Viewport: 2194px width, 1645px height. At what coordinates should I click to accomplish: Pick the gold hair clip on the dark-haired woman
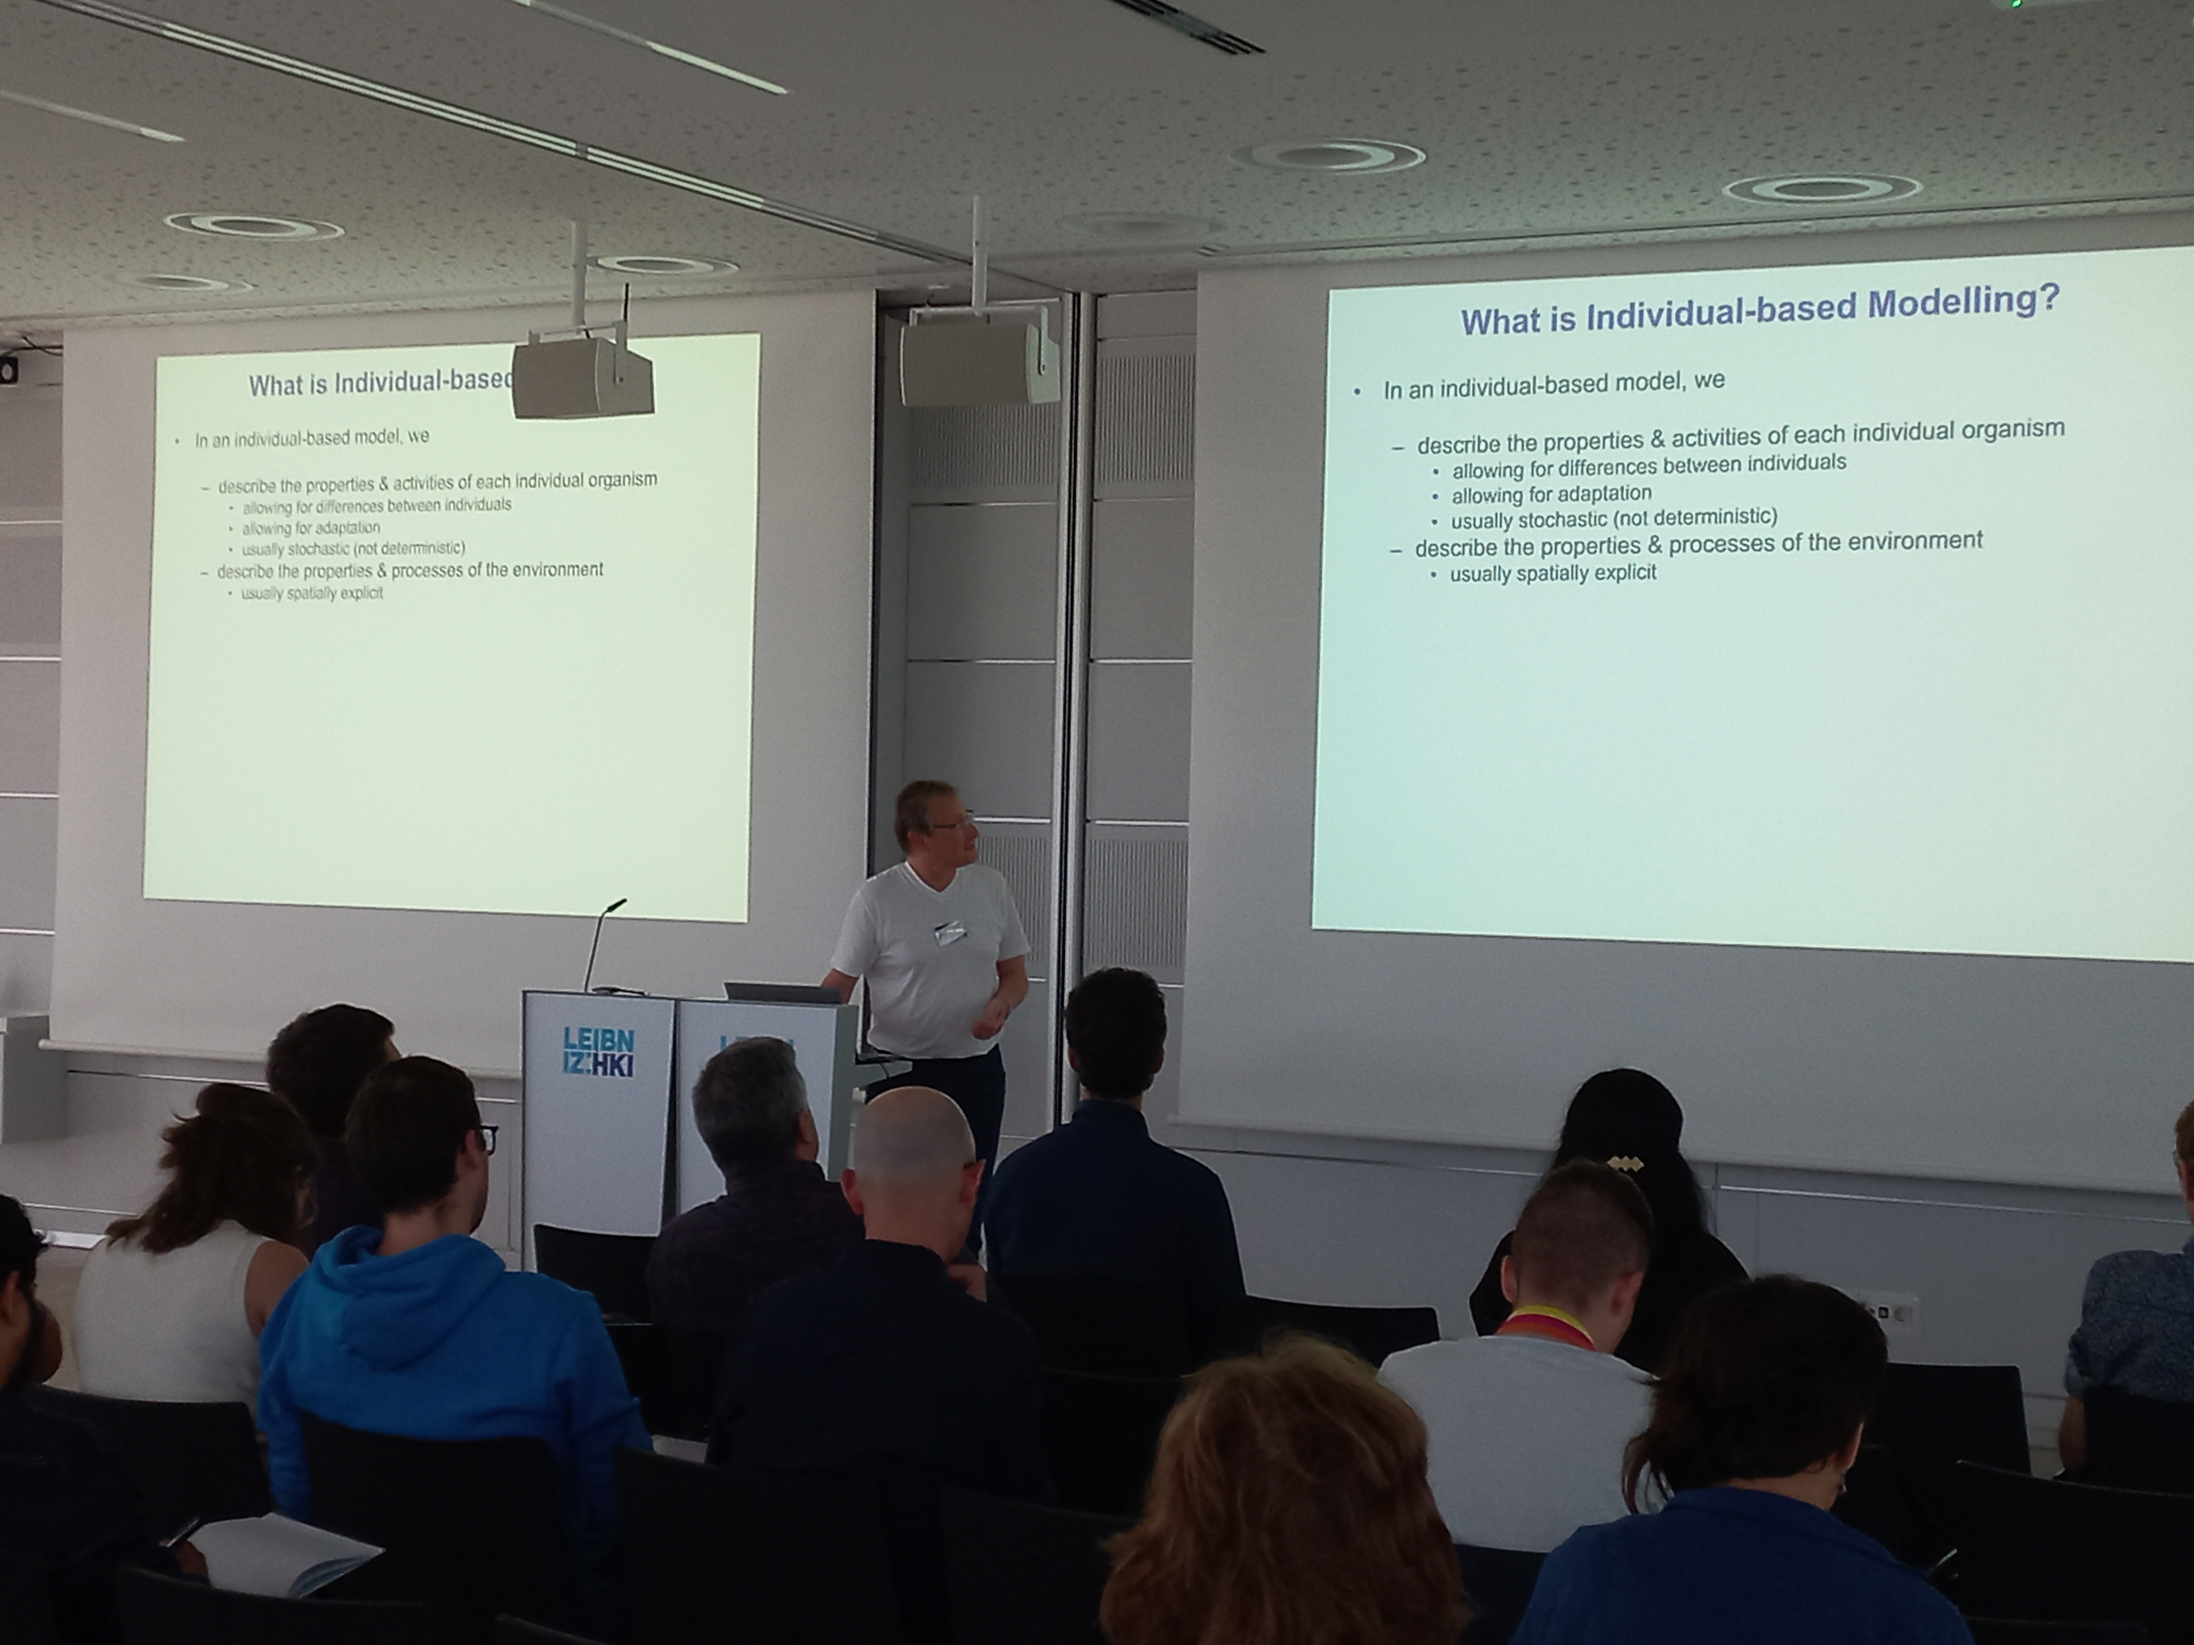tap(1621, 1161)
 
